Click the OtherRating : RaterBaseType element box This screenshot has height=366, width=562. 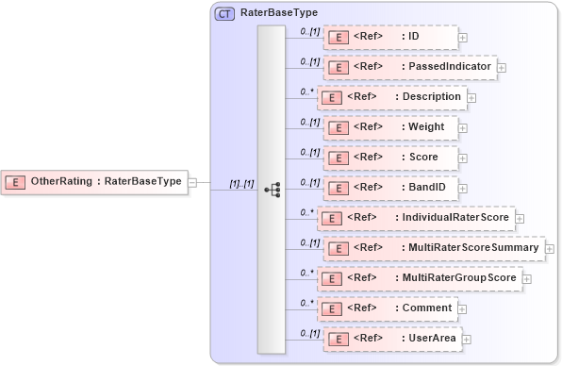[x=94, y=181]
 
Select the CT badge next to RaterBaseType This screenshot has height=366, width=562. [x=225, y=14]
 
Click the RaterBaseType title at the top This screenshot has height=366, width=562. [x=279, y=14]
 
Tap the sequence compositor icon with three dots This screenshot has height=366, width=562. [x=272, y=190]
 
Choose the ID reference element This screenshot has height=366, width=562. [x=390, y=37]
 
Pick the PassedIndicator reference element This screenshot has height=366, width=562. [x=409, y=67]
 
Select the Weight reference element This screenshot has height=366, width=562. [x=390, y=127]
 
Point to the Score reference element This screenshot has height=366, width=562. [x=390, y=158]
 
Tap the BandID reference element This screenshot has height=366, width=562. [x=390, y=188]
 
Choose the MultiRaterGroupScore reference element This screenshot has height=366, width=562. [x=420, y=278]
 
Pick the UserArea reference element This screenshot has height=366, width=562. [x=390, y=339]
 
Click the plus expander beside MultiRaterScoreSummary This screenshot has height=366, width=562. [x=550, y=249]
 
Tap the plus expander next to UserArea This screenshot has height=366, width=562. [x=465, y=340]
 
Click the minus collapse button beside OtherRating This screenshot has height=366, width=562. [x=192, y=182]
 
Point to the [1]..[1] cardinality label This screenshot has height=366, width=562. [x=242, y=183]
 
